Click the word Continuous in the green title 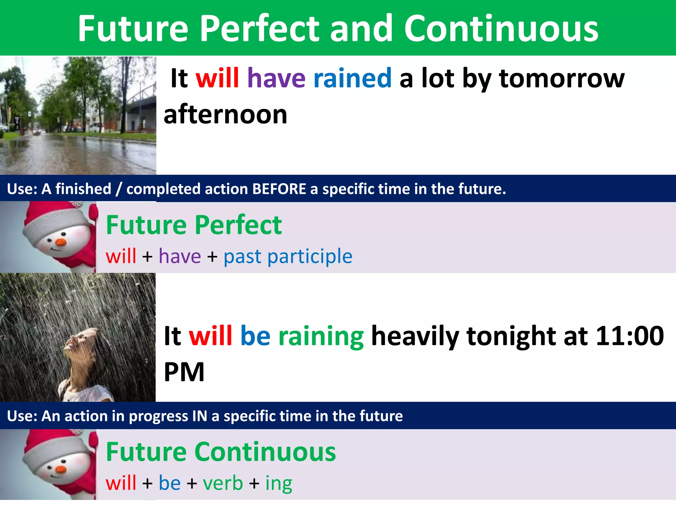(x=501, y=29)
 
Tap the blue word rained (x=352, y=78)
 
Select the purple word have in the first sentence (x=276, y=78)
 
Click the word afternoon (x=225, y=115)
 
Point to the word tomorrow (x=562, y=78)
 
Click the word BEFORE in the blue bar (x=279, y=189)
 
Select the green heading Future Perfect (x=194, y=225)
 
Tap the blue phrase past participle (x=288, y=256)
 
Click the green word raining (x=321, y=336)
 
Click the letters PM (x=184, y=372)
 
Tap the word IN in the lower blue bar (x=199, y=416)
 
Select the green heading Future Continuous (x=221, y=452)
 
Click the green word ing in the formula (x=279, y=484)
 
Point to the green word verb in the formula (x=223, y=483)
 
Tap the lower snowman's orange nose (x=61, y=469)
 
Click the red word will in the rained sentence (x=217, y=78)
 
